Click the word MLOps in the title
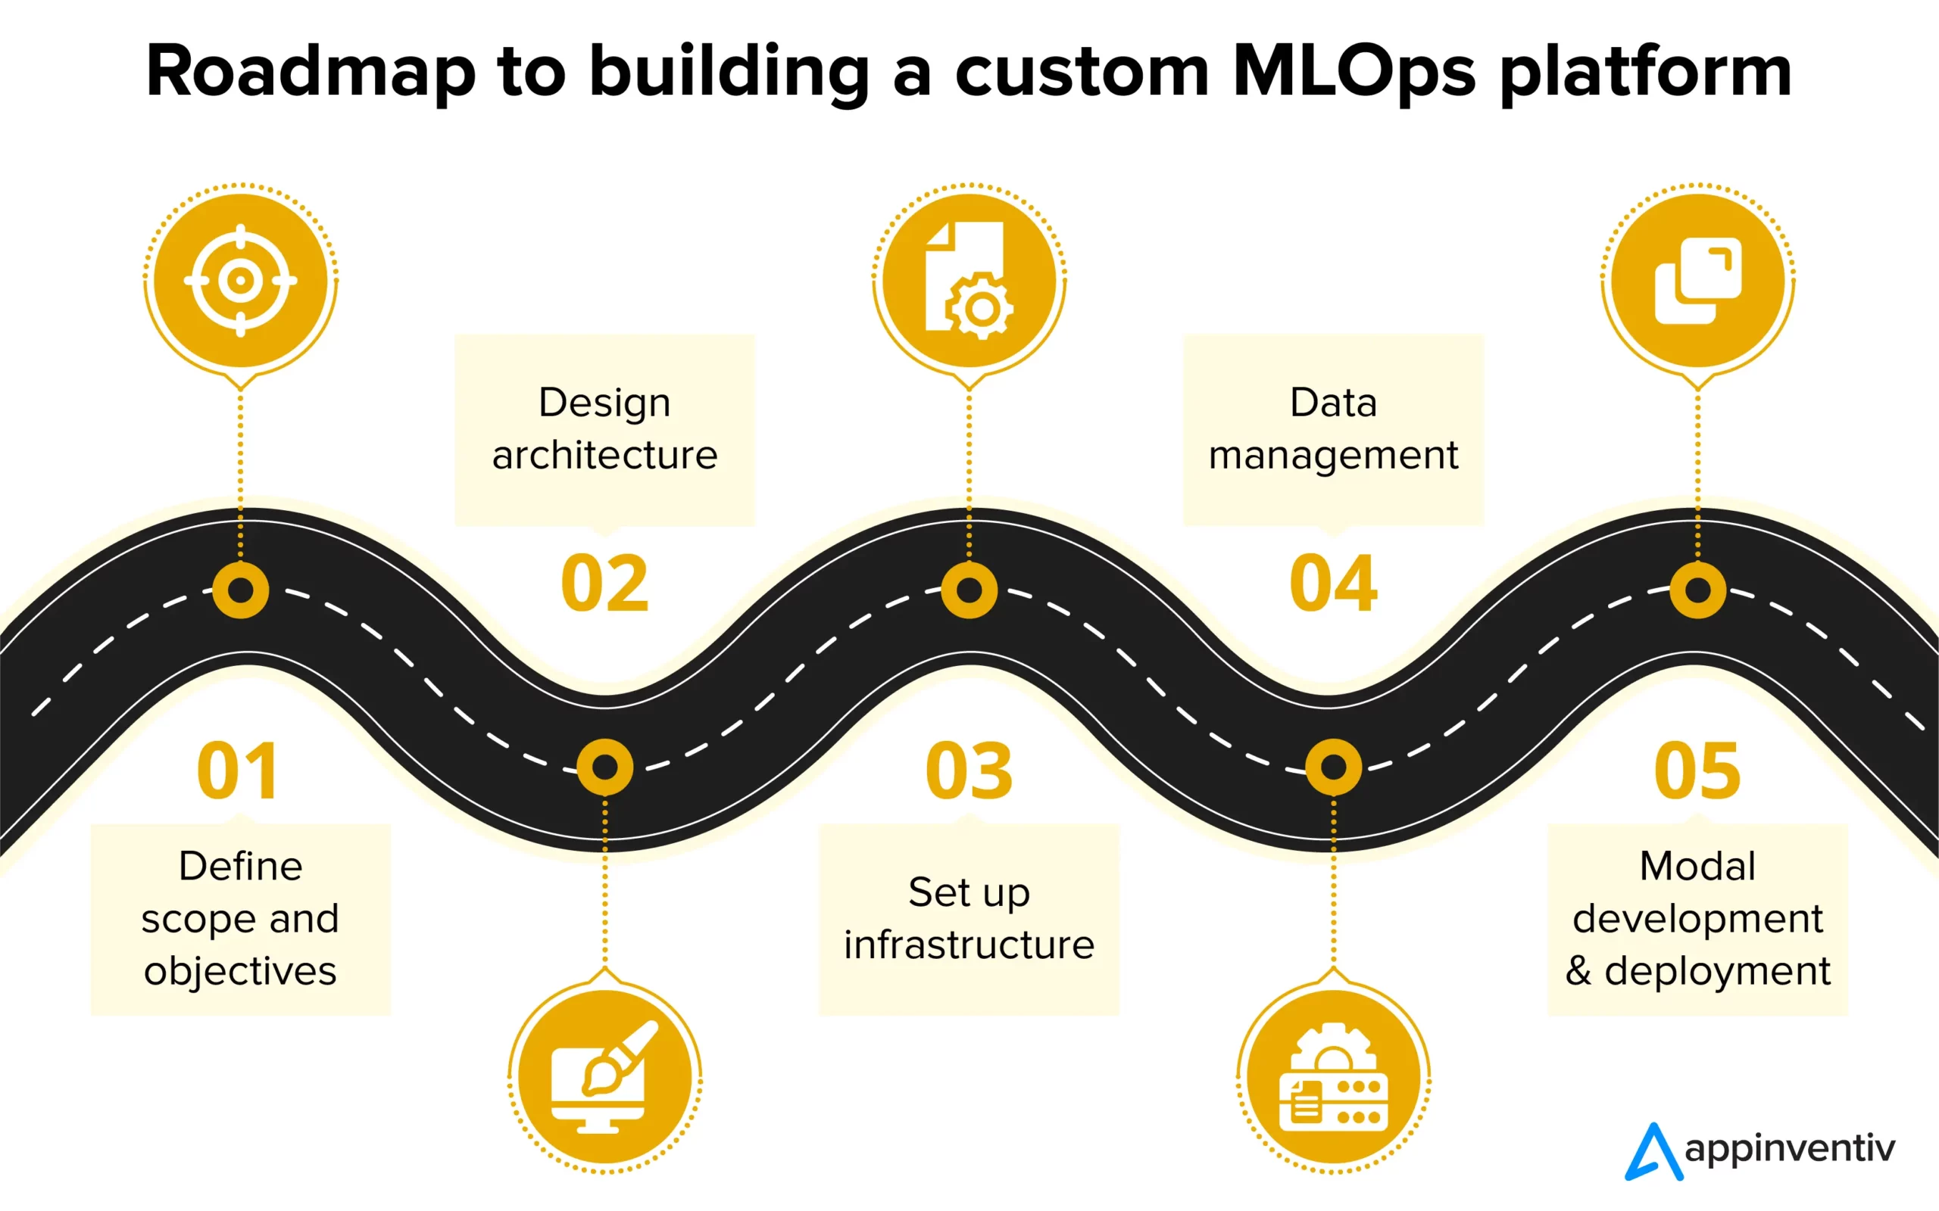point(1353,72)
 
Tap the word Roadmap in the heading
point(311,72)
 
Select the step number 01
point(238,770)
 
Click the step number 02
point(604,584)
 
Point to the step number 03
point(969,770)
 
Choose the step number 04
point(1333,584)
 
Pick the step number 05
point(1697,770)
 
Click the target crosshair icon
point(240,280)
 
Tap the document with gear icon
point(969,280)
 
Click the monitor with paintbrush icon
point(605,1077)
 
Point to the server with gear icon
point(1333,1077)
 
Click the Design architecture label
point(604,428)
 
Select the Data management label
point(1333,428)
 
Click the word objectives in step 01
point(240,972)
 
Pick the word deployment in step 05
point(1716,972)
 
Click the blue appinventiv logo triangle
point(1653,1153)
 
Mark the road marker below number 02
point(605,767)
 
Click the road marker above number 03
point(969,590)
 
